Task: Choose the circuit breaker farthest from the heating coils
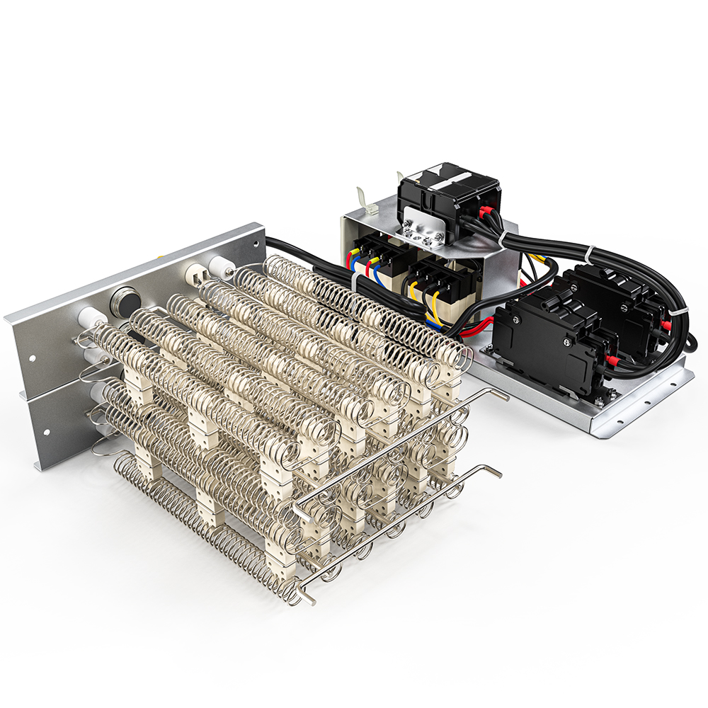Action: click(x=623, y=301)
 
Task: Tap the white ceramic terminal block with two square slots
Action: click(x=198, y=272)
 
